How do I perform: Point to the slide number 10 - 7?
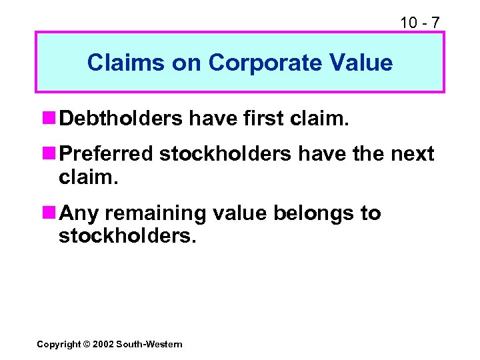pos(419,23)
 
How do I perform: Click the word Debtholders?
pos(121,118)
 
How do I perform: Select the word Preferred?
pos(106,155)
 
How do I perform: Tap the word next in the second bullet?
pos(411,155)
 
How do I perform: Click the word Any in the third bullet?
pos(79,213)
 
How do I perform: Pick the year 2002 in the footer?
pos(104,344)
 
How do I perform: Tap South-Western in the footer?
pos(149,344)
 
